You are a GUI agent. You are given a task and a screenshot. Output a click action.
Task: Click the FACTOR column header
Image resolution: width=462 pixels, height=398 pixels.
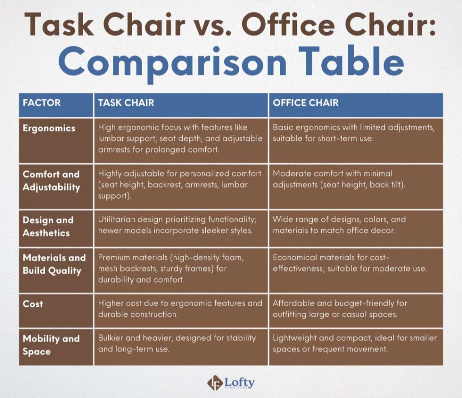click(x=42, y=103)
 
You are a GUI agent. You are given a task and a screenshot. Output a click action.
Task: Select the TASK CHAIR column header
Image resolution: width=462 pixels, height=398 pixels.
click(x=126, y=103)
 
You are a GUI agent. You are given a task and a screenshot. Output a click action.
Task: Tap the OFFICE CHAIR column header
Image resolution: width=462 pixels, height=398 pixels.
click(x=305, y=103)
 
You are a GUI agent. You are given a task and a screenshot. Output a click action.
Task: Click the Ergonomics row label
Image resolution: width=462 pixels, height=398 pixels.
click(x=49, y=128)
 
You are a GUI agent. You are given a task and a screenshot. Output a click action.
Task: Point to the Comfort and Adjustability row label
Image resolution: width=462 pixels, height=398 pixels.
click(x=51, y=180)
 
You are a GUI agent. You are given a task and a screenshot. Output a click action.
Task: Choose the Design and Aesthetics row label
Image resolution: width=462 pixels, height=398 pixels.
click(x=48, y=227)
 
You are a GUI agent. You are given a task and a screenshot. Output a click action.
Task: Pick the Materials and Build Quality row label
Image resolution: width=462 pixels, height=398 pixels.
click(x=54, y=264)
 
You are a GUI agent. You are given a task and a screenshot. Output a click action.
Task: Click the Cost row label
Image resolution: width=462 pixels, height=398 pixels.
click(x=32, y=304)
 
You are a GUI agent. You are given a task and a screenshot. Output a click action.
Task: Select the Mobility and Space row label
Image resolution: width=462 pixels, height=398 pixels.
click(x=51, y=345)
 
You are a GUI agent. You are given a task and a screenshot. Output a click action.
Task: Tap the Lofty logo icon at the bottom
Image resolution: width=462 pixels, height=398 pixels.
click(x=215, y=383)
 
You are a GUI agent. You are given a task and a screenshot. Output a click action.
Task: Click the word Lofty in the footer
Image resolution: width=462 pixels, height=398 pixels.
click(x=239, y=383)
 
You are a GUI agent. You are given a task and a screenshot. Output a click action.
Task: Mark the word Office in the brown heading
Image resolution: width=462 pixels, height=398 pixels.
click(x=288, y=24)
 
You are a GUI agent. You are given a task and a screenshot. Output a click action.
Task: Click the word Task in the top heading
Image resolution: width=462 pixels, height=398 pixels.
click(x=59, y=24)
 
